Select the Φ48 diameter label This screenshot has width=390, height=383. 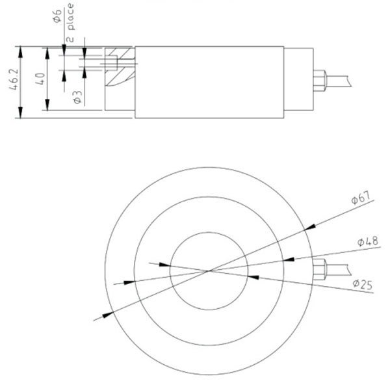[x=367, y=242]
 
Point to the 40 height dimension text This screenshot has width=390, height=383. [x=40, y=80]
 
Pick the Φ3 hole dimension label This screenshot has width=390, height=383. [x=76, y=98]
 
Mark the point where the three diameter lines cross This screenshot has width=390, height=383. [x=209, y=270]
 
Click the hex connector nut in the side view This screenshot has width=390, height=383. [x=320, y=81]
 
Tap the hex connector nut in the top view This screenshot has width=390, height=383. [x=320, y=270]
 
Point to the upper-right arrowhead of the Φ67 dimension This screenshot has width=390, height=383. [x=309, y=226]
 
